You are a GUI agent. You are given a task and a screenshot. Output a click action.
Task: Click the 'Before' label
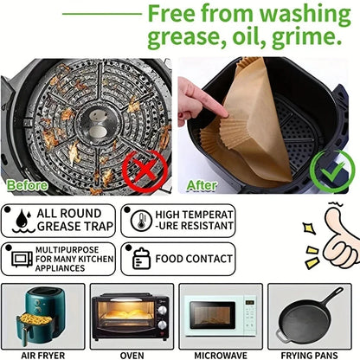(27, 184)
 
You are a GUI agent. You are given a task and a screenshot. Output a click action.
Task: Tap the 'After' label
(202, 185)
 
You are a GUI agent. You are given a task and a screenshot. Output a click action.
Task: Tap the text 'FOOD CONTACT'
(193, 258)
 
